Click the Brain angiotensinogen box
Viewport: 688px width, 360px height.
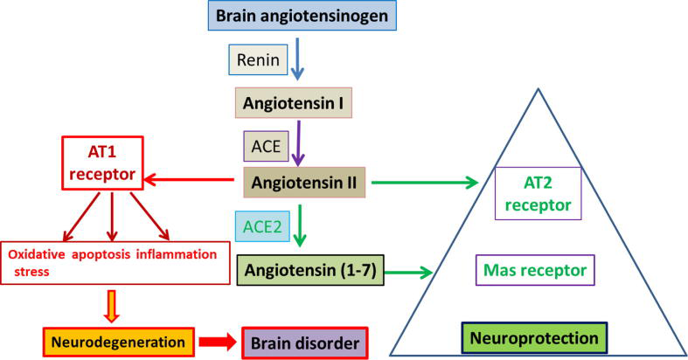(291, 17)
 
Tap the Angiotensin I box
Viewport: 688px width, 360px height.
(293, 105)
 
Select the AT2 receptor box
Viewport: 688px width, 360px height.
(537, 193)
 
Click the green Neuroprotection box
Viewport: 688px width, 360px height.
(535, 337)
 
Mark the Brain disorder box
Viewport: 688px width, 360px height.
(305, 341)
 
